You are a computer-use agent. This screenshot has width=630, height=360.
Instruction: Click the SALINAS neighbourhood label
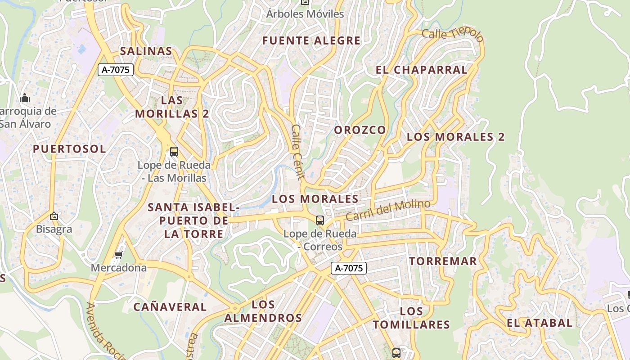click(146, 51)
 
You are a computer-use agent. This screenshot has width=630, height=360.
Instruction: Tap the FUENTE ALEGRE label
click(311, 40)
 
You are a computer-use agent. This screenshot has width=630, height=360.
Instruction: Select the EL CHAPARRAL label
click(422, 70)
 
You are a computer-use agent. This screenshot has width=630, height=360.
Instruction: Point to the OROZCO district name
click(360, 130)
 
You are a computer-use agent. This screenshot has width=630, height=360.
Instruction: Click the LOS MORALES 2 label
click(456, 137)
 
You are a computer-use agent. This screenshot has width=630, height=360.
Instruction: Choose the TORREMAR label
click(443, 261)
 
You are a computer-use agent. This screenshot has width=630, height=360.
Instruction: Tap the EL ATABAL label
click(540, 323)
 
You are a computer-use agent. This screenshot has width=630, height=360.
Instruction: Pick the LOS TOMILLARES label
click(411, 318)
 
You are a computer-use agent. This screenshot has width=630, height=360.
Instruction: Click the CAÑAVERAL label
click(170, 307)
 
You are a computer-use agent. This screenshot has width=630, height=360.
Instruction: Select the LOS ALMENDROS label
click(263, 311)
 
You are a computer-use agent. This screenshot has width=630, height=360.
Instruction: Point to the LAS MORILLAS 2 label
click(172, 107)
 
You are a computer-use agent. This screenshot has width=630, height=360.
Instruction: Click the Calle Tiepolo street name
click(452, 35)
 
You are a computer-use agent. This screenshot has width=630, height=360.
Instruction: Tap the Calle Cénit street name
click(298, 152)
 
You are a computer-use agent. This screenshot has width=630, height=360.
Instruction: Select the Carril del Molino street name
click(388, 210)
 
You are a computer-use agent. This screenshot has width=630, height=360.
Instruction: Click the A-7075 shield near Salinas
click(116, 70)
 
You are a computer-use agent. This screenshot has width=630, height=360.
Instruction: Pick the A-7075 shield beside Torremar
click(349, 268)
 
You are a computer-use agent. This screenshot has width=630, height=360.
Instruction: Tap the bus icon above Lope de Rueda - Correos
click(320, 220)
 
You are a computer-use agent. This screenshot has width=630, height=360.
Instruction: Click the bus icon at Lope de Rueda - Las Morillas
click(174, 152)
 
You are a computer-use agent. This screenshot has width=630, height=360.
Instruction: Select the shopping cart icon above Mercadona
click(119, 255)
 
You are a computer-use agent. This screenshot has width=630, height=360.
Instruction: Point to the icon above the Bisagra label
click(54, 216)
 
